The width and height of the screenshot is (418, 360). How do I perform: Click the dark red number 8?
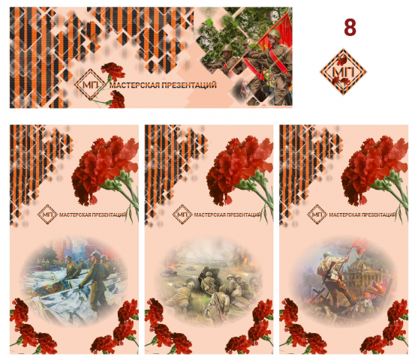point(350,27)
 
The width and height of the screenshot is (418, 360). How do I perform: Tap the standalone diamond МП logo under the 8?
point(343,72)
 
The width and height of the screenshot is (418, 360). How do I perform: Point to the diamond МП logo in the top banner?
point(90,84)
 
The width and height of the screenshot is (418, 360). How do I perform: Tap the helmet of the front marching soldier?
point(275,34)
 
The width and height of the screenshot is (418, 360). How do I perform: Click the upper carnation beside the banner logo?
point(113,71)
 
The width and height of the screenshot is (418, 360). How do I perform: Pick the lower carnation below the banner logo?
point(117,99)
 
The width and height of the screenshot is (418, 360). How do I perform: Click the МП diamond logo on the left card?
point(47,214)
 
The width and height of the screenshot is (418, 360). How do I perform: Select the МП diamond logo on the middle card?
point(182,214)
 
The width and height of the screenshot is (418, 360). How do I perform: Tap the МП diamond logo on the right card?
point(317,214)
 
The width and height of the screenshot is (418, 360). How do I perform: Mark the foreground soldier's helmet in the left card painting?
point(95,255)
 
